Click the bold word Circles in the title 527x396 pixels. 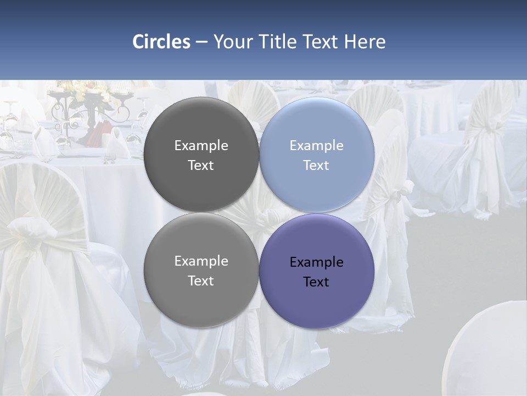[161, 42]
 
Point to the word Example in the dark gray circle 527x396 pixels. [201, 146]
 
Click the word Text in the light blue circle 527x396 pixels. [316, 166]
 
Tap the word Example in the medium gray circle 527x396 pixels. [201, 261]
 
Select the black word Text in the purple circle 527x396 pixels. [316, 282]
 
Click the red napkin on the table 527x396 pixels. [99, 132]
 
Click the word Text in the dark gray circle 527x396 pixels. [201, 166]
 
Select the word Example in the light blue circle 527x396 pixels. [316, 146]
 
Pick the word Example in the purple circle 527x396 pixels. [316, 262]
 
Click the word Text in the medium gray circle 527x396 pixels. [201, 281]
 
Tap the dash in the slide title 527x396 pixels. [201, 42]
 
